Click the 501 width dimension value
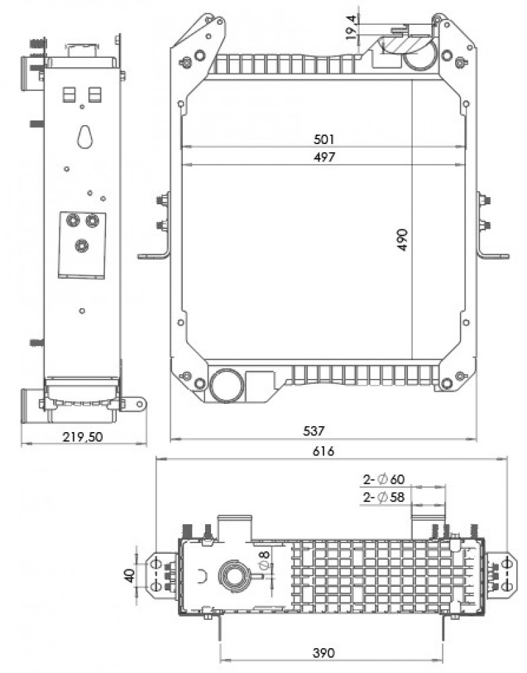coord(324,139)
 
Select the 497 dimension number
coord(324,157)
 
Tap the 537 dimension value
coord(313,431)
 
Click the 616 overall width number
coord(323,451)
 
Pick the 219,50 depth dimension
coord(83,437)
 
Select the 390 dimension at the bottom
coord(323,653)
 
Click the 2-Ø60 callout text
coord(384,479)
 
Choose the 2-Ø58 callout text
coord(384,497)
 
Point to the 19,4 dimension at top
coord(351,27)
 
